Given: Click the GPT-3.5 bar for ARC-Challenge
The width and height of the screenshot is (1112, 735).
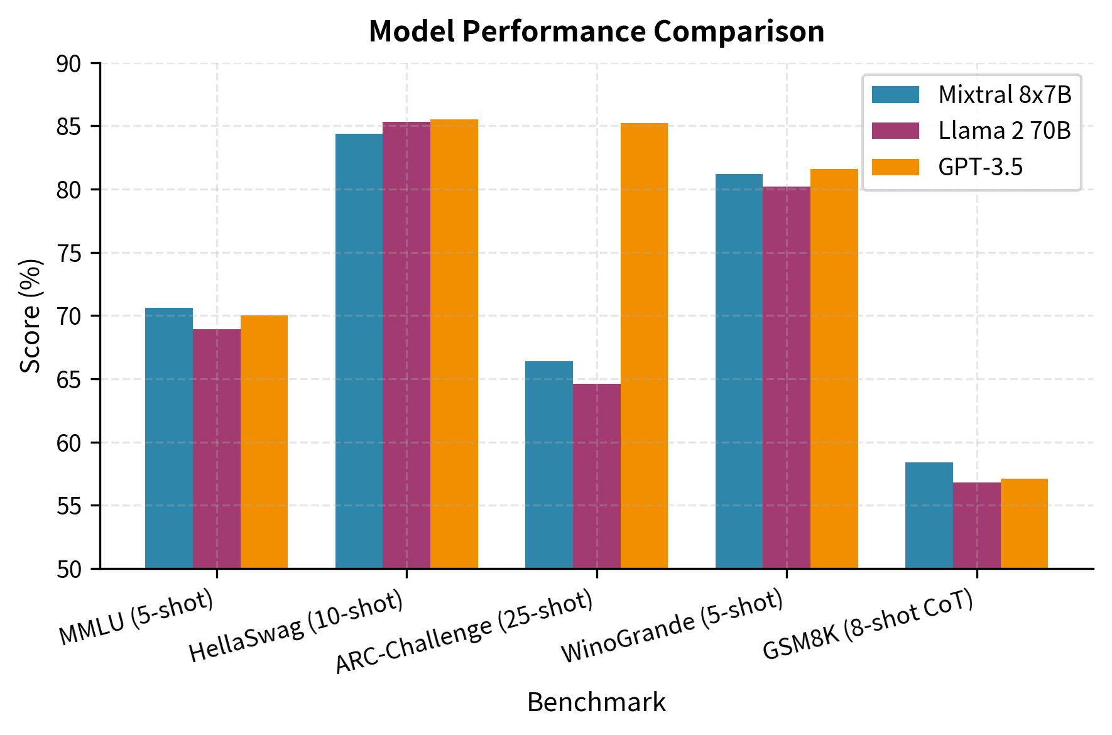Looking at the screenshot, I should [x=644, y=346].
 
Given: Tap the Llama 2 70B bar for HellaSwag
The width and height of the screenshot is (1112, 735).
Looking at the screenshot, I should [x=406, y=346].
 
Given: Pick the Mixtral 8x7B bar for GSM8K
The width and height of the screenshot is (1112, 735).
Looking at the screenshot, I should [x=929, y=515].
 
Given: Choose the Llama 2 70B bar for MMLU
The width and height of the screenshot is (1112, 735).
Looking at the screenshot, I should [x=216, y=449].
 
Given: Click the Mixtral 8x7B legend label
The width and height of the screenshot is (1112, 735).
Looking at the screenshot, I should [x=1004, y=95].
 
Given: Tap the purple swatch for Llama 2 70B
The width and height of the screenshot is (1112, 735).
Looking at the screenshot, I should [x=895, y=131].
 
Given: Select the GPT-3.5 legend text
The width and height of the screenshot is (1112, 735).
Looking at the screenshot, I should [x=980, y=167].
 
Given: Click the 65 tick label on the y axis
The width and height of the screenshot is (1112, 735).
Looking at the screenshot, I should [x=69, y=379].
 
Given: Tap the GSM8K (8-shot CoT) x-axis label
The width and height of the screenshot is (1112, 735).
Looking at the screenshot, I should [x=868, y=626].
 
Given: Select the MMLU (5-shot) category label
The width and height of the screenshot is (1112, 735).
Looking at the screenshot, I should [x=137, y=618].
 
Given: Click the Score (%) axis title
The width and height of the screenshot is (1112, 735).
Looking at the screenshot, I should [x=30, y=316].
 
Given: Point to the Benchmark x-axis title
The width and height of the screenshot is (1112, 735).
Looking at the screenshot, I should [x=596, y=702].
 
